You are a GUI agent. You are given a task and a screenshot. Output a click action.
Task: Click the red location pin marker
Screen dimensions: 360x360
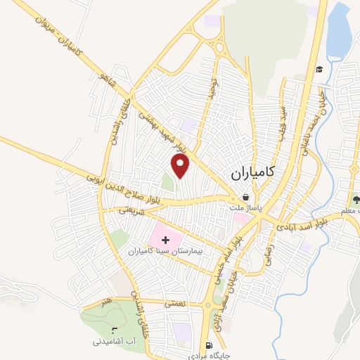[181, 165]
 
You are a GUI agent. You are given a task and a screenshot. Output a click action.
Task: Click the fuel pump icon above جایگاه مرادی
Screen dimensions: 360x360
[209, 345]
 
